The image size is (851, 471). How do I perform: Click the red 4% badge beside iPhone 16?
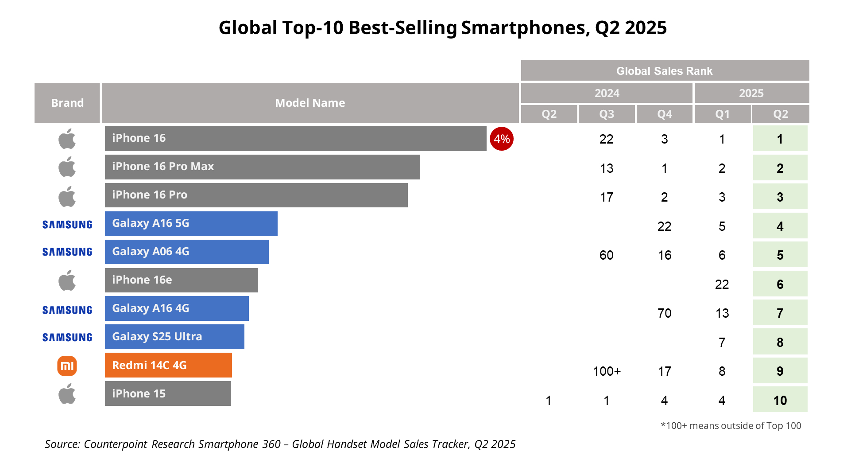point(501,139)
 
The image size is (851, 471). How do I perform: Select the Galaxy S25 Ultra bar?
point(174,337)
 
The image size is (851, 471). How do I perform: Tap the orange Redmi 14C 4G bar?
point(168,365)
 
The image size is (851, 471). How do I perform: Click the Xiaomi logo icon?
point(67,366)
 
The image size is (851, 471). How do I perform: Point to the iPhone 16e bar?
point(181,280)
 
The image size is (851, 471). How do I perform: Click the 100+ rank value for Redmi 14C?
point(607,371)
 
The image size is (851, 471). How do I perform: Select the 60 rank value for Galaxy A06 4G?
point(606,255)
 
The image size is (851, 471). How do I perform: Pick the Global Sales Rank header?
point(665,71)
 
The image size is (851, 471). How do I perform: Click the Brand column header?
point(67,103)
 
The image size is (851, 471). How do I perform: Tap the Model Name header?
point(310,103)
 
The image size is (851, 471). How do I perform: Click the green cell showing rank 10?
point(780,400)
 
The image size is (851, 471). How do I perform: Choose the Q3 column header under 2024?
point(607,114)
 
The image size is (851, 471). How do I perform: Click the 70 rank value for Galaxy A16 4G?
point(664,313)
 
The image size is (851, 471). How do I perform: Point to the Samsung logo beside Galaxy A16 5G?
point(67,225)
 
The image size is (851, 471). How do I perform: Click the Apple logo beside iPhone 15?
point(67,394)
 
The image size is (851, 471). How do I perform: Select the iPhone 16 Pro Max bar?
point(262,167)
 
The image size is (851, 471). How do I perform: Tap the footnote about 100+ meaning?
point(731,426)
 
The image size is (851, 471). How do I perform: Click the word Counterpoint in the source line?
point(115,444)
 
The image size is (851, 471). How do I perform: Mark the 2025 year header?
point(751,93)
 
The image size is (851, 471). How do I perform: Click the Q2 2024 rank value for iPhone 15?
point(549,401)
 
